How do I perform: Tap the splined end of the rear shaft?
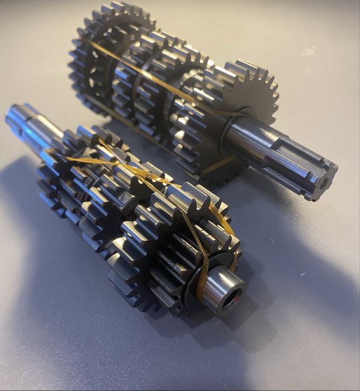(302, 168)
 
